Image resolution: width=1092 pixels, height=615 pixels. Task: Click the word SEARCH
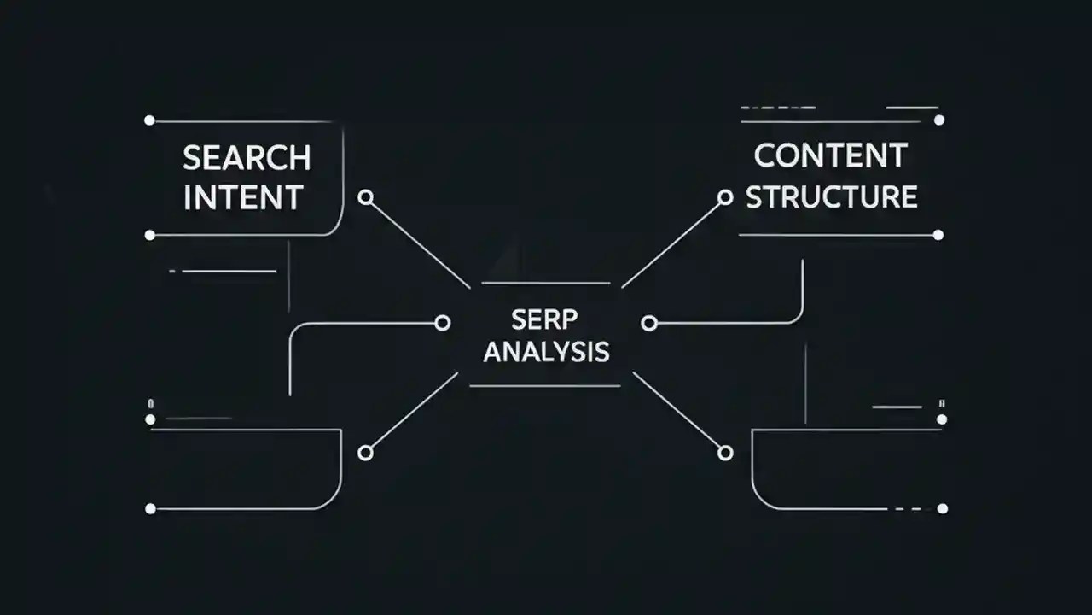tap(247, 158)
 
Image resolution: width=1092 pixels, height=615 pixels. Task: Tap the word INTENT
tap(243, 198)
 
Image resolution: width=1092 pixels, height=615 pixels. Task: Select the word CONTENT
tap(830, 156)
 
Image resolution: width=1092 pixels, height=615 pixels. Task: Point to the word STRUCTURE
tap(832, 196)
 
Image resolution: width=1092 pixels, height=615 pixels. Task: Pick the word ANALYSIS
tap(546, 352)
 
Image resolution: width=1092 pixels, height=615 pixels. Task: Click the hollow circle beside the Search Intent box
tap(366, 197)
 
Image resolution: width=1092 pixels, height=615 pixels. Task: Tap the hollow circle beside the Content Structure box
tap(725, 197)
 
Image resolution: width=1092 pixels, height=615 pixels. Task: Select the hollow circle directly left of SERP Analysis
tap(442, 323)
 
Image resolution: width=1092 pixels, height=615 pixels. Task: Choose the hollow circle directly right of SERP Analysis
tap(649, 323)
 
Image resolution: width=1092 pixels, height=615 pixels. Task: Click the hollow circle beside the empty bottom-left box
tap(365, 453)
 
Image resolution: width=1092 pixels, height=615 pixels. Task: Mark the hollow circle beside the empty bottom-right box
tap(725, 453)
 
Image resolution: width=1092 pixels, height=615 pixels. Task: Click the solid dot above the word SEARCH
tap(150, 120)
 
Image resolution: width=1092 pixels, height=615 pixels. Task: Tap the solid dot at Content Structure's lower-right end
tap(938, 235)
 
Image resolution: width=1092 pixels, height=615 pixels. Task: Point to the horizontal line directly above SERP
tap(546, 283)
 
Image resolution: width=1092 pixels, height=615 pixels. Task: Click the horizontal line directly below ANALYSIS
tap(544, 386)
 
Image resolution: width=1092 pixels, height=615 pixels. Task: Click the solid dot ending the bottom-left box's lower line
tap(150, 508)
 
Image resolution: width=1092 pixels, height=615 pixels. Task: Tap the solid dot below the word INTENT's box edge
tap(150, 235)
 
